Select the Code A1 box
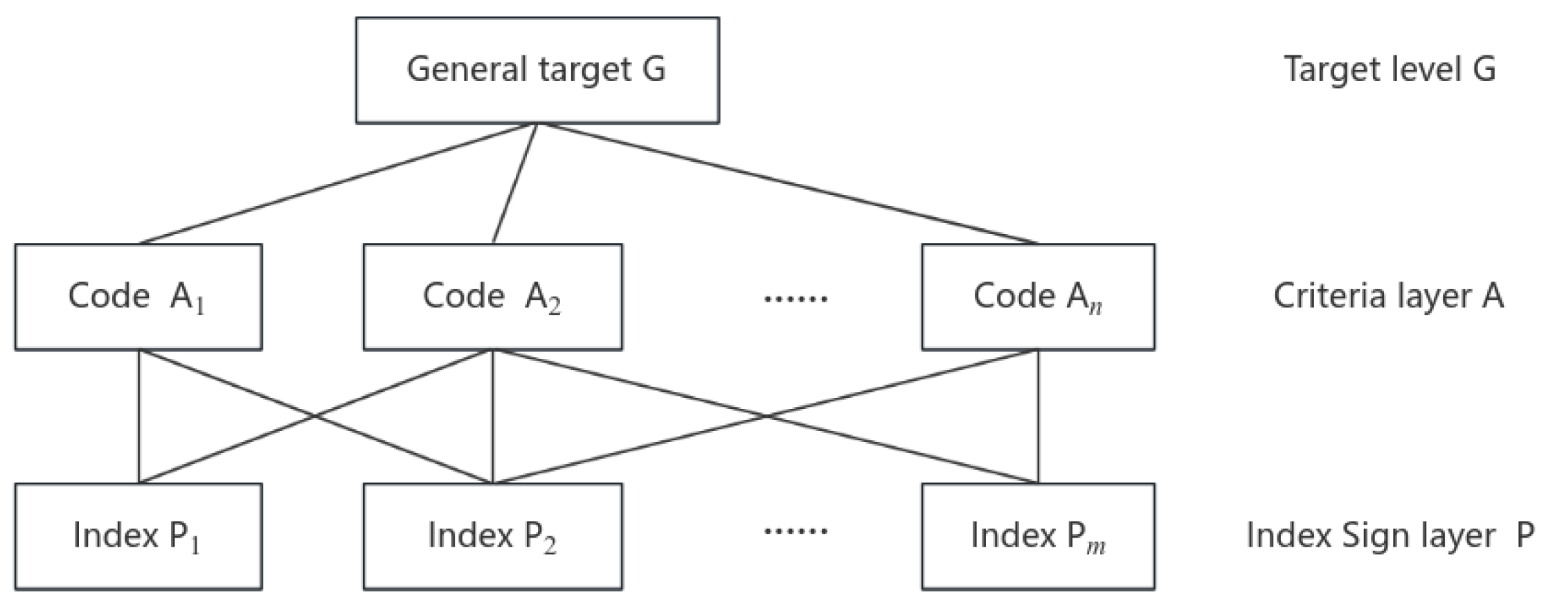138,297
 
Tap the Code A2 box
492,297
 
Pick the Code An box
1038,297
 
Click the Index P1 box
138,536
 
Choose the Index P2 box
492,536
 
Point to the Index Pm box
1038,536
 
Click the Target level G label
1390,69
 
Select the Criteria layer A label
1388,296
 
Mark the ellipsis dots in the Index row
796,531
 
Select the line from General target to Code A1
337,184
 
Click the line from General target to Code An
787,184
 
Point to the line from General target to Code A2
514,184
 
